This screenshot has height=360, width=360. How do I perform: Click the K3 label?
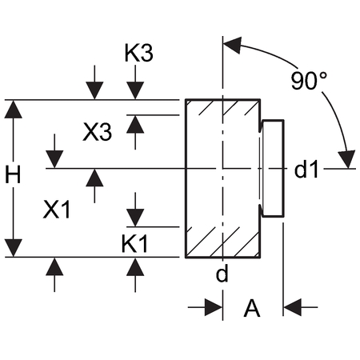[x=139, y=54]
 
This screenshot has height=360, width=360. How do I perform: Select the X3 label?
[x=98, y=132]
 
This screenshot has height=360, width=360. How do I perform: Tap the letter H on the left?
[x=13, y=174]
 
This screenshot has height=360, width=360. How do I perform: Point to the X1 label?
[x=57, y=210]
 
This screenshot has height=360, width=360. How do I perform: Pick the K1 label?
[x=134, y=244]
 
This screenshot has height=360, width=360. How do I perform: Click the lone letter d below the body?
[x=222, y=273]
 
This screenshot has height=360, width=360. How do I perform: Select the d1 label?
[x=306, y=170]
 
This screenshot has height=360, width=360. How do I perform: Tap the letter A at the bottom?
[x=252, y=308]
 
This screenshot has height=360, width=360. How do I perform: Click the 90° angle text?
[x=309, y=81]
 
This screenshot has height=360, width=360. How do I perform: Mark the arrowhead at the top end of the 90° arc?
[x=232, y=45]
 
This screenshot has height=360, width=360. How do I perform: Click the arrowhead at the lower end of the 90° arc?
[x=347, y=159]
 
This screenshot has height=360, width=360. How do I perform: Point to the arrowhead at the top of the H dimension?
[x=13, y=110]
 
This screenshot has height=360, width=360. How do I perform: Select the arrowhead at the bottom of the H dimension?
[x=13, y=248]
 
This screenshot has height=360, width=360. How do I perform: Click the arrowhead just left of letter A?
[x=214, y=307]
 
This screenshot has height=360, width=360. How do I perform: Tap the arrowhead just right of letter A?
[x=292, y=307]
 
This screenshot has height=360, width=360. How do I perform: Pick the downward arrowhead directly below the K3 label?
[x=135, y=90]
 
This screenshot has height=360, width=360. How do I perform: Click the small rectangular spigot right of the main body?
[x=273, y=169]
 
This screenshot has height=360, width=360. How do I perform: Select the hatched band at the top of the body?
[x=222, y=107]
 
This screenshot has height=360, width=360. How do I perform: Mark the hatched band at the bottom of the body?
[x=222, y=242]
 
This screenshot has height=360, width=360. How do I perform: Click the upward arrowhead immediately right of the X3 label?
[x=135, y=124]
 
